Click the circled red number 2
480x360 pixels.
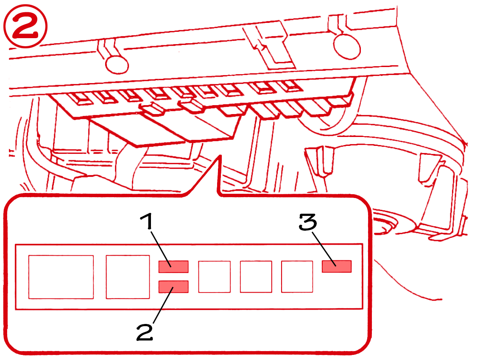tap(25, 26)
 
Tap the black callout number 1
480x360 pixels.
tap(147, 221)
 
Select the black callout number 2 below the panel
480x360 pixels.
tap(145, 332)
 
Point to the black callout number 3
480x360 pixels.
tap(308, 222)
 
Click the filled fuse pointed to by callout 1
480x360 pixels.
tap(173, 267)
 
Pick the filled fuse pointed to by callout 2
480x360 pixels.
tap(173, 287)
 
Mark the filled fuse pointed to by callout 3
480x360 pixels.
tap(336, 266)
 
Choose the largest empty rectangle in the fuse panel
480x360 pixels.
tap(61, 277)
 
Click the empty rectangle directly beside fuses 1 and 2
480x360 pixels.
tap(128, 277)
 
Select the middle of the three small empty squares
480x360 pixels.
tap(256, 277)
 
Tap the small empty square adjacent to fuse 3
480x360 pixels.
tap(297, 277)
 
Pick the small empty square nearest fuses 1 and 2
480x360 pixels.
tap(214, 277)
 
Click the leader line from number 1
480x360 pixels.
tap(161, 249)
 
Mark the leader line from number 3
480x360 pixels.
tap(324, 249)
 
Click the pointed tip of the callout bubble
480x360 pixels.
tap(219, 156)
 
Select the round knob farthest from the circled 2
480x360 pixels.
tap(346, 47)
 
